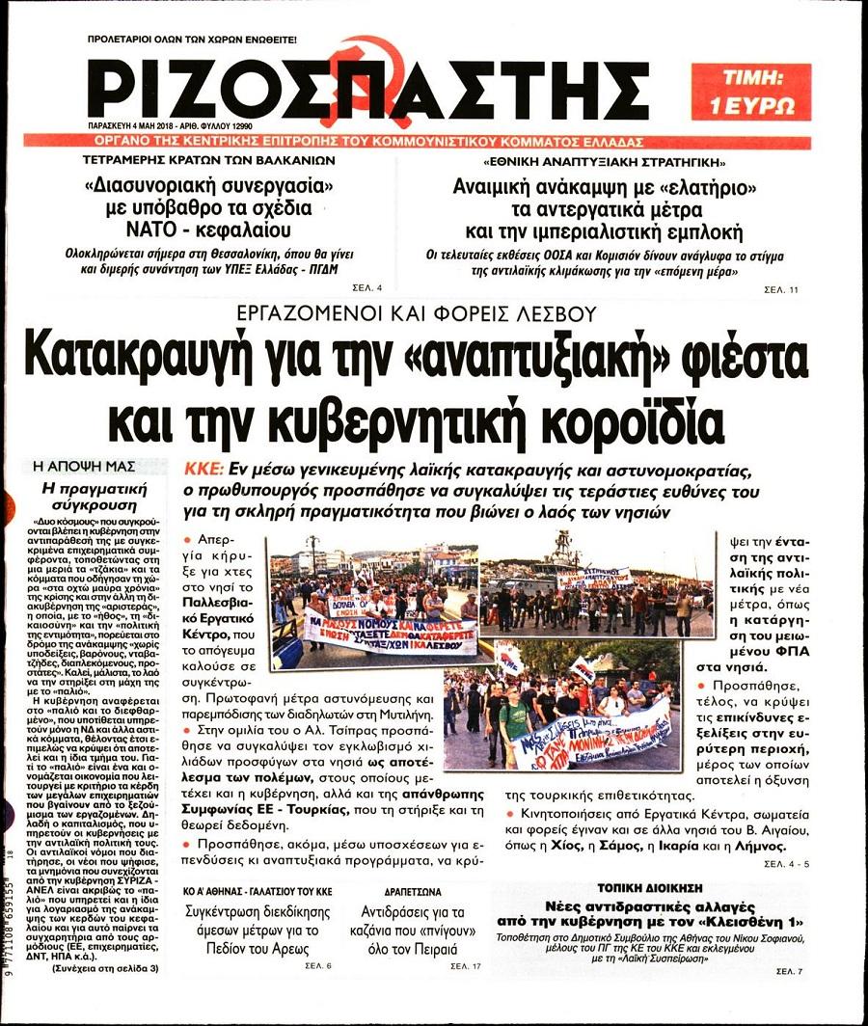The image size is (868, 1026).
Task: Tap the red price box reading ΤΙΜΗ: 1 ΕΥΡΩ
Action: tap(750, 92)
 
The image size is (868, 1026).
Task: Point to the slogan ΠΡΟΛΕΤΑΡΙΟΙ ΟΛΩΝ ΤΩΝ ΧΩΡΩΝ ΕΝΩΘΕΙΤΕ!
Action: tap(192, 40)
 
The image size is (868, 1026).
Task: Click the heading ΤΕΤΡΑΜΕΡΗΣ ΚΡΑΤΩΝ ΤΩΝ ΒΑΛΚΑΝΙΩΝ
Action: tap(209, 160)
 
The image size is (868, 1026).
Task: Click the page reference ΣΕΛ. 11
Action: tap(781, 288)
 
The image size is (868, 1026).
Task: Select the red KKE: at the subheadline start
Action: tap(203, 470)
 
